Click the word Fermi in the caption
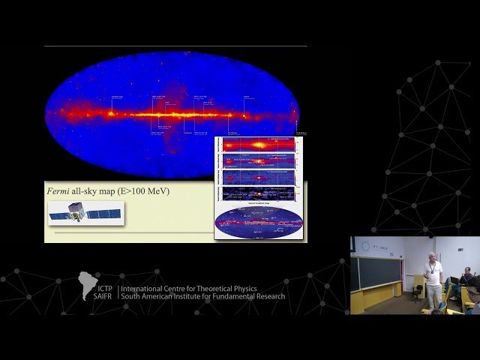[59, 191]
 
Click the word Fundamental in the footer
[258, 296]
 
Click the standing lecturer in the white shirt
[431, 277]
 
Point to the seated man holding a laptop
[466, 282]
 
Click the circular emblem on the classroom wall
[365, 246]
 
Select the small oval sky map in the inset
[258, 222]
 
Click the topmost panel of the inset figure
[258, 144]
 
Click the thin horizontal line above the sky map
[175, 46]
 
